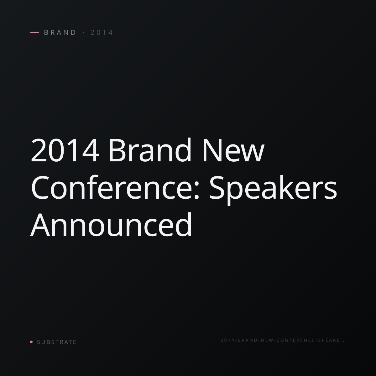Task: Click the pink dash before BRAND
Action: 34,32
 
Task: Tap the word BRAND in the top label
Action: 60,33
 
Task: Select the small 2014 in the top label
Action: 102,33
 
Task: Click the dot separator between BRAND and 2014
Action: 84,32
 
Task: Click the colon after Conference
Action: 196,191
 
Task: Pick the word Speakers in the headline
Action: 273,190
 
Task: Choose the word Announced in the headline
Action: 111,224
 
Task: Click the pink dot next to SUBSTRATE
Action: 31,342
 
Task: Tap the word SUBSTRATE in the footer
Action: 57,342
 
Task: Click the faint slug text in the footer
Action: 282,340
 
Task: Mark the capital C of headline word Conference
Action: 40,187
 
